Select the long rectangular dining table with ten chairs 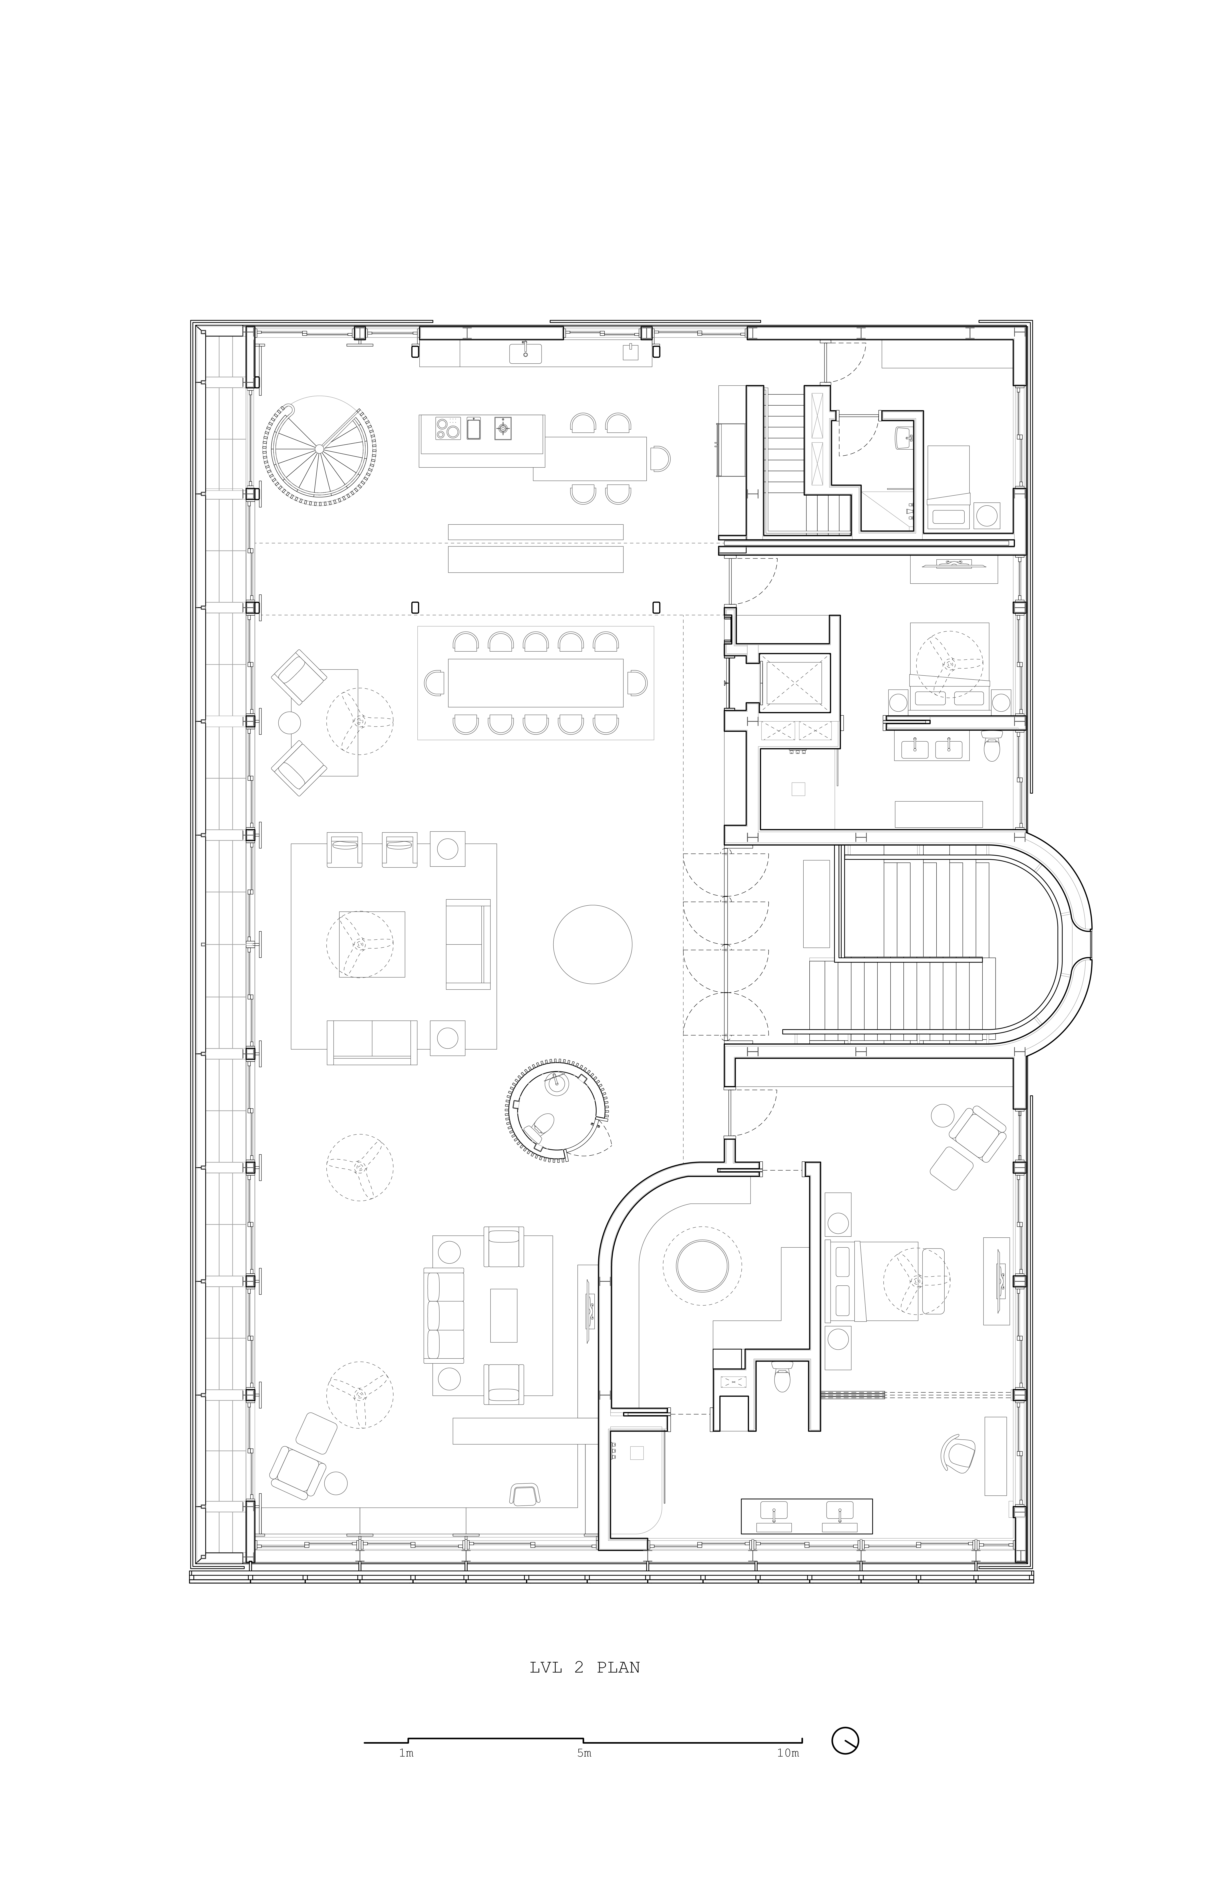tap(535, 682)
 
